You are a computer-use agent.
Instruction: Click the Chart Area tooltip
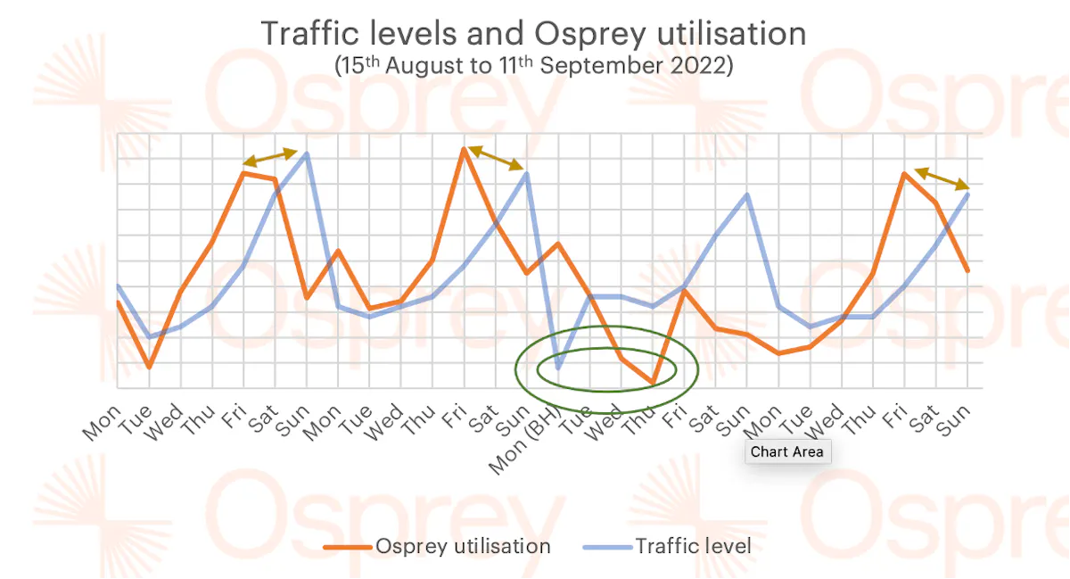tap(786, 451)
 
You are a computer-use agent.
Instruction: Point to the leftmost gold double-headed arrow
tap(270, 157)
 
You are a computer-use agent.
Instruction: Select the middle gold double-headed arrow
tap(496, 158)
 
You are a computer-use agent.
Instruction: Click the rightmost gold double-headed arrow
tap(942, 178)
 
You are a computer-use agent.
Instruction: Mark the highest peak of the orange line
tap(464, 149)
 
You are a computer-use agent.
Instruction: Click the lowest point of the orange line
tap(653, 384)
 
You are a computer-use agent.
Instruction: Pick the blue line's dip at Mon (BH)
tap(559, 368)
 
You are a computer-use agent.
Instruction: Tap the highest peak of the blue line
tap(307, 153)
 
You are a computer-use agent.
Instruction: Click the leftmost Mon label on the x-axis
tap(101, 423)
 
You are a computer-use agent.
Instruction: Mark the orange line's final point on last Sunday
tap(967, 270)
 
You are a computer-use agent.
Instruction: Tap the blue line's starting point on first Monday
tap(118, 286)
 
